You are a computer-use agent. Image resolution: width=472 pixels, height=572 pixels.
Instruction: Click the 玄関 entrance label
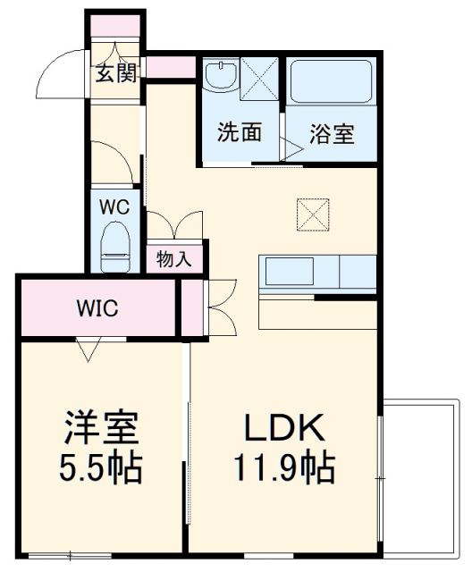point(117,73)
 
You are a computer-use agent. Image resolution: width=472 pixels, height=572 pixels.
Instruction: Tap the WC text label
point(114,206)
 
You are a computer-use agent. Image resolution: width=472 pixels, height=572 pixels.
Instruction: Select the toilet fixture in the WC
point(114,246)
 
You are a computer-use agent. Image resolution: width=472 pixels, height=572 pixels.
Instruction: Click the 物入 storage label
point(173,259)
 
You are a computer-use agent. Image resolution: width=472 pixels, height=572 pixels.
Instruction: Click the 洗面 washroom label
point(239,133)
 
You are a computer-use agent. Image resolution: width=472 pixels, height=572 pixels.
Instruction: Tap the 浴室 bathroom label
point(332,134)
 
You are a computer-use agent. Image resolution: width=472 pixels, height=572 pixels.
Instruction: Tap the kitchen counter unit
point(317,270)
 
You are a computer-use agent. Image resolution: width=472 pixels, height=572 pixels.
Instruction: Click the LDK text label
point(284,430)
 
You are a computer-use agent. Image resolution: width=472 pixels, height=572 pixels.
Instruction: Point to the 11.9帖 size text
point(284,467)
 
